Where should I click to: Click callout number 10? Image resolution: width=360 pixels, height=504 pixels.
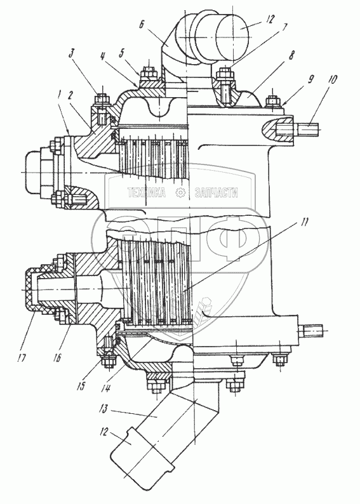[332, 80]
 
